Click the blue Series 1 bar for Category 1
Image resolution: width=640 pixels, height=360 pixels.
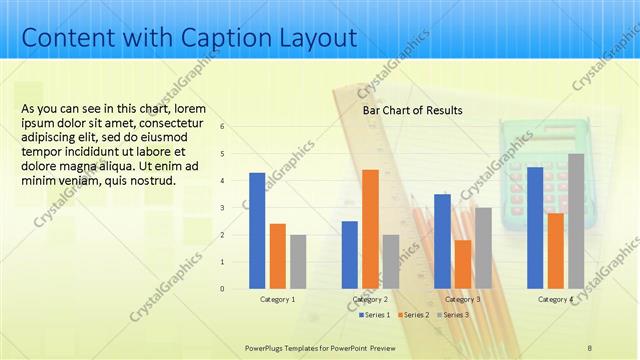(257, 231)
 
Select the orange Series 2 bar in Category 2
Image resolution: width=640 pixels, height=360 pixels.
(370, 229)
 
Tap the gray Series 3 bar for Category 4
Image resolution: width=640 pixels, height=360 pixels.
(576, 221)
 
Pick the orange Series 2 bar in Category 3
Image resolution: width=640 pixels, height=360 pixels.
(463, 264)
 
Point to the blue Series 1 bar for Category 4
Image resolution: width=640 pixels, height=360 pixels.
(535, 228)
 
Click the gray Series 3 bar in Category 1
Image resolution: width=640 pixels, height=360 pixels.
(298, 262)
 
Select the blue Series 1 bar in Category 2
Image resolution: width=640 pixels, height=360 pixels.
(350, 255)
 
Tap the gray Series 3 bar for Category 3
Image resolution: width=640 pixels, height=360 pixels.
(483, 248)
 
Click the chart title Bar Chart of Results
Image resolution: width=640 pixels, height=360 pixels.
(412, 110)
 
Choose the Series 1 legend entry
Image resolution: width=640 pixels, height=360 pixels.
(376, 315)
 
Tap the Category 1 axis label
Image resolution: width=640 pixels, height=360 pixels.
(277, 299)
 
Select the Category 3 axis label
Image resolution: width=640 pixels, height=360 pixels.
(463, 299)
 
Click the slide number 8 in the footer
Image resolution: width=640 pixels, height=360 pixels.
(589, 346)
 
